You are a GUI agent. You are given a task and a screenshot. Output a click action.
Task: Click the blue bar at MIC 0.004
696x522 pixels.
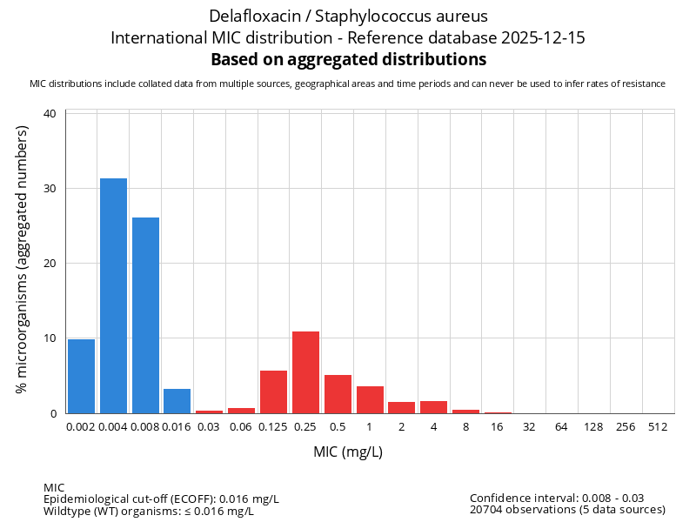pos(113,296)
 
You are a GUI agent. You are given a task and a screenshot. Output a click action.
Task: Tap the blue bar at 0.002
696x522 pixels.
pos(81,376)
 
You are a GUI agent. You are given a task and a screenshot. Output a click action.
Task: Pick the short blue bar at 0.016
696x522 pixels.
pos(177,401)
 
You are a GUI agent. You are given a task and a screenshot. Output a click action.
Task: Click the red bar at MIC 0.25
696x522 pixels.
pos(305,372)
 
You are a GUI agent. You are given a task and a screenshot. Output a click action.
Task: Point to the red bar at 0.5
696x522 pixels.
pos(338,394)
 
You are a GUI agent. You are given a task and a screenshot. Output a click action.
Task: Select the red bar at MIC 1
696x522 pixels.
pos(370,399)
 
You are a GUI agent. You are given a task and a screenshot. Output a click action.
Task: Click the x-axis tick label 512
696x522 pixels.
pos(657,426)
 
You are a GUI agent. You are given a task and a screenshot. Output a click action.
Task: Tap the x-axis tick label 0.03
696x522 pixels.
pos(209,426)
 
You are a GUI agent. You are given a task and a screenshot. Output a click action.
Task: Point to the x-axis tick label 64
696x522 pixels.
pos(561,426)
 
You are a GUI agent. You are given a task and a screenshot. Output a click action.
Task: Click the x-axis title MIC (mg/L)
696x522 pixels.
pos(348,452)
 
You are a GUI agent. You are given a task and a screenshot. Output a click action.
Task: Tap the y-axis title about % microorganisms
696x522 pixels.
pos(23,258)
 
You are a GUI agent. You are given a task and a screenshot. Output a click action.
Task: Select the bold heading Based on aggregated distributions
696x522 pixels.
pos(348,60)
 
